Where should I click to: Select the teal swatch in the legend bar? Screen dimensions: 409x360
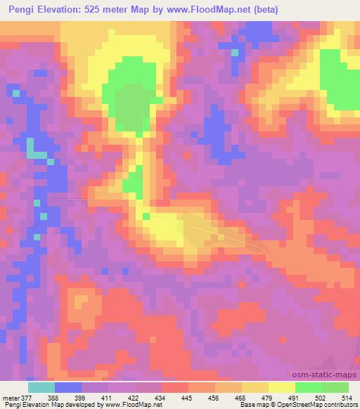(x=41, y=387)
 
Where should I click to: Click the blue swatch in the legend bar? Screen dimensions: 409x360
(x=68, y=387)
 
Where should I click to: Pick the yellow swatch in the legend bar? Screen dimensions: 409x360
(x=281, y=387)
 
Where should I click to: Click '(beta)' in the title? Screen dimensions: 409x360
(x=262, y=10)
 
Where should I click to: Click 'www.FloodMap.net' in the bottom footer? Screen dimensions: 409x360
(x=133, y=404)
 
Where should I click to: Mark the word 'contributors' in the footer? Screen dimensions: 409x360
(x=340, y=404)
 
